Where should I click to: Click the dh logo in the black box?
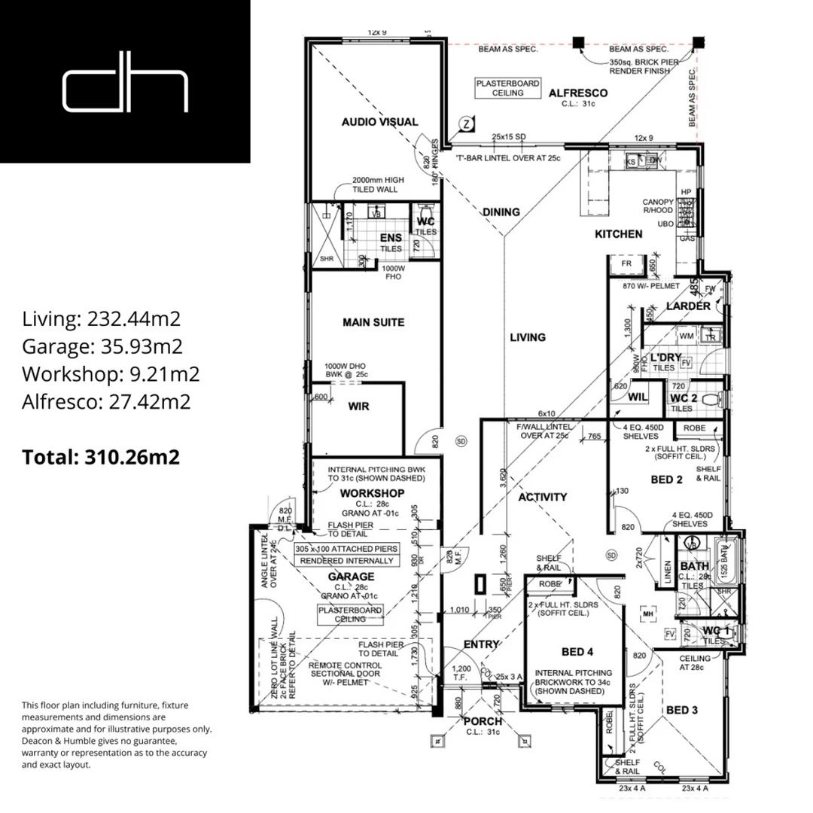pyautogui.click(x=125, y=90)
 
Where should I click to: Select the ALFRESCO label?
pyautogui.click(x=578, y=93)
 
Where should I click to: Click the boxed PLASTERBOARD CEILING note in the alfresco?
pyautogui.click(x=507, y=88)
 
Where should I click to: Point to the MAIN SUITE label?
pyautogui.click(x=373, y=322)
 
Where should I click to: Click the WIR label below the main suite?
pyautogui.click(x=359, y=406)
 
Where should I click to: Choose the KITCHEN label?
pyautogui.click(x=619, y=234)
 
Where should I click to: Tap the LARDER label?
pyautogui.click(x=688, y=306)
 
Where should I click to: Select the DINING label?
pyautogui.click(x=501, y=212)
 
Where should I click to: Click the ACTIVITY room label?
pyautogui.click(x=543, y=497)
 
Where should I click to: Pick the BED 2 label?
pyautogui.click(x=666, y=480)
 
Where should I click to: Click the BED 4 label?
pyautogui.click(x=577, y=652)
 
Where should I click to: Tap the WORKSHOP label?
pyautogui.click(x=373, y=493)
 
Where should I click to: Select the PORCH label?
pyautogui.click(x=483, y=721)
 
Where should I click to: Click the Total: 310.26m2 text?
pyautogui.click(x=101, y=456)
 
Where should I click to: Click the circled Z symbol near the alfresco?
pyautogui.click(x=467, y=124)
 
